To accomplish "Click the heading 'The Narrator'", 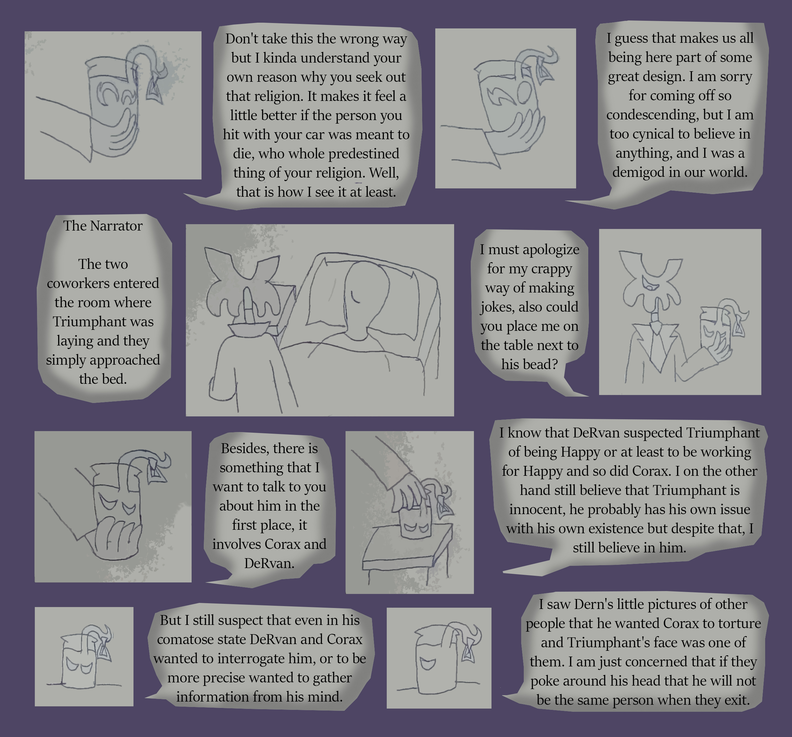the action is (103, 226).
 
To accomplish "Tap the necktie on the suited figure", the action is (657, 343).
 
